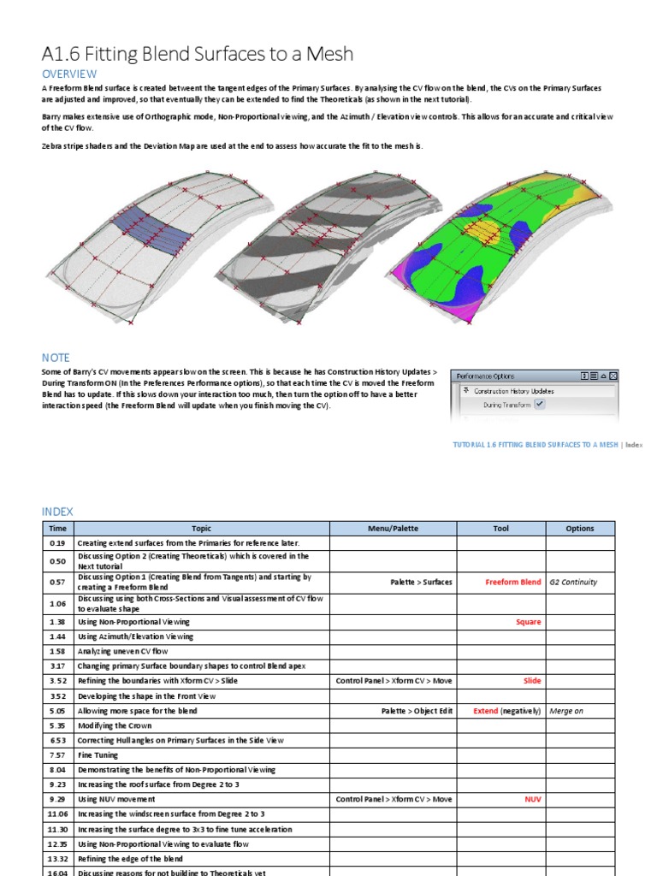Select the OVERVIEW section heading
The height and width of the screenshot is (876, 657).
[x=69, y=74]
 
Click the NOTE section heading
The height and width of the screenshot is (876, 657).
[x=56, y=358]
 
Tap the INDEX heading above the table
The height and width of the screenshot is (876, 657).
[x=57, y=512]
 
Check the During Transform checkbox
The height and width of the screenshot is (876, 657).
[x=539, y=405]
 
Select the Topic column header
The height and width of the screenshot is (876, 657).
[x=201, y=529]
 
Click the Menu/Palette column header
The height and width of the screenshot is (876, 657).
[x=393, y=529]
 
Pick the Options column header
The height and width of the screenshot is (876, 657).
[x=579, y=529]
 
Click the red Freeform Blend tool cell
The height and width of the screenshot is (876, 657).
[x=512, y=582]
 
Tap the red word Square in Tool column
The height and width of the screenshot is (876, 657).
[x=528, y=622]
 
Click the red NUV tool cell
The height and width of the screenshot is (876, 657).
[x=532, y=799]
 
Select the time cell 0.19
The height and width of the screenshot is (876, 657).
[x=57, y=543]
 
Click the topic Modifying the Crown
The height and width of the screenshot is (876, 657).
[x=115, y=725]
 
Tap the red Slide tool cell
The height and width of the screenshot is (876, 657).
[x=531, y=681]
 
